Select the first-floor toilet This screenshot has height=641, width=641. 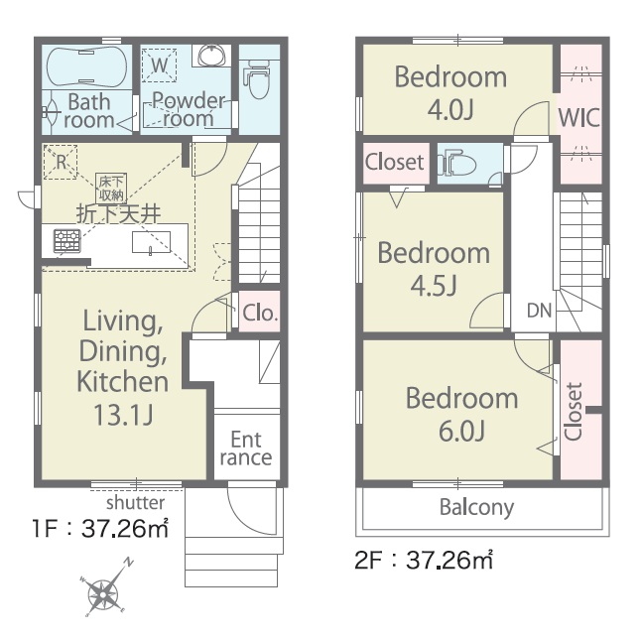click(x=258, y=79)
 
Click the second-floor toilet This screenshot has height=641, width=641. click(x=458, y=164)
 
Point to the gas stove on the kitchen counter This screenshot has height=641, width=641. click(x=67, y=241)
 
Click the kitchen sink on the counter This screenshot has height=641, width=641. click(x=151, y=242)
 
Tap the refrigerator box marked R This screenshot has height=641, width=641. click(x=61, y=162)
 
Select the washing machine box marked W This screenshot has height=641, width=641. click(x=159, y=65)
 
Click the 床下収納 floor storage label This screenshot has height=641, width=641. click(x=111, y=189)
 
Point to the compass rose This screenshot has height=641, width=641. click(x=104, y=590)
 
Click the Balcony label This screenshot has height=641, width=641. click(x=476, y=508)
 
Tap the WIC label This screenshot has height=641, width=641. click(x=579, y=117)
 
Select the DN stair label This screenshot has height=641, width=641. click(x=539, y=311)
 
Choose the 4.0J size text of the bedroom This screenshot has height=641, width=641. click(x=450, y=109)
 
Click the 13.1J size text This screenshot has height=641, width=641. click(x=123, y=415)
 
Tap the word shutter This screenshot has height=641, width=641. click(x=135, y=502)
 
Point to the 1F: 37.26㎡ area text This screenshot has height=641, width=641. click(x=100, y=529)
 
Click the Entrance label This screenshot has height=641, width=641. click(x=246, y=449)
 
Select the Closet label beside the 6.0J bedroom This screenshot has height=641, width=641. click(x=574, y=412)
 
